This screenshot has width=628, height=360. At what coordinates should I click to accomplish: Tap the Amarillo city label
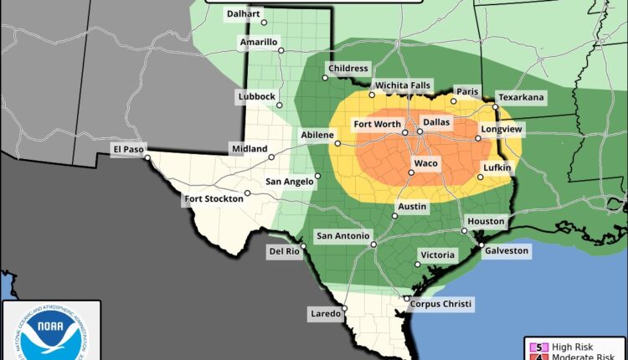coord(258,42)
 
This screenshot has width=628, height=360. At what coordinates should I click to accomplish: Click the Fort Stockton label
coord(214,198)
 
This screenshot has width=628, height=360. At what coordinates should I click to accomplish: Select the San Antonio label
coord(342,237)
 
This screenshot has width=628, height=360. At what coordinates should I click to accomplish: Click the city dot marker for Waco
coord(410,173)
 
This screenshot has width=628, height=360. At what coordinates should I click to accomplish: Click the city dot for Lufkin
coord(481,177)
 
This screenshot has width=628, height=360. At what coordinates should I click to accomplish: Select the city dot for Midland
coord(271,157)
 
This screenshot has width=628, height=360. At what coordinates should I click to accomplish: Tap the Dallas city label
coord(435,122)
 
